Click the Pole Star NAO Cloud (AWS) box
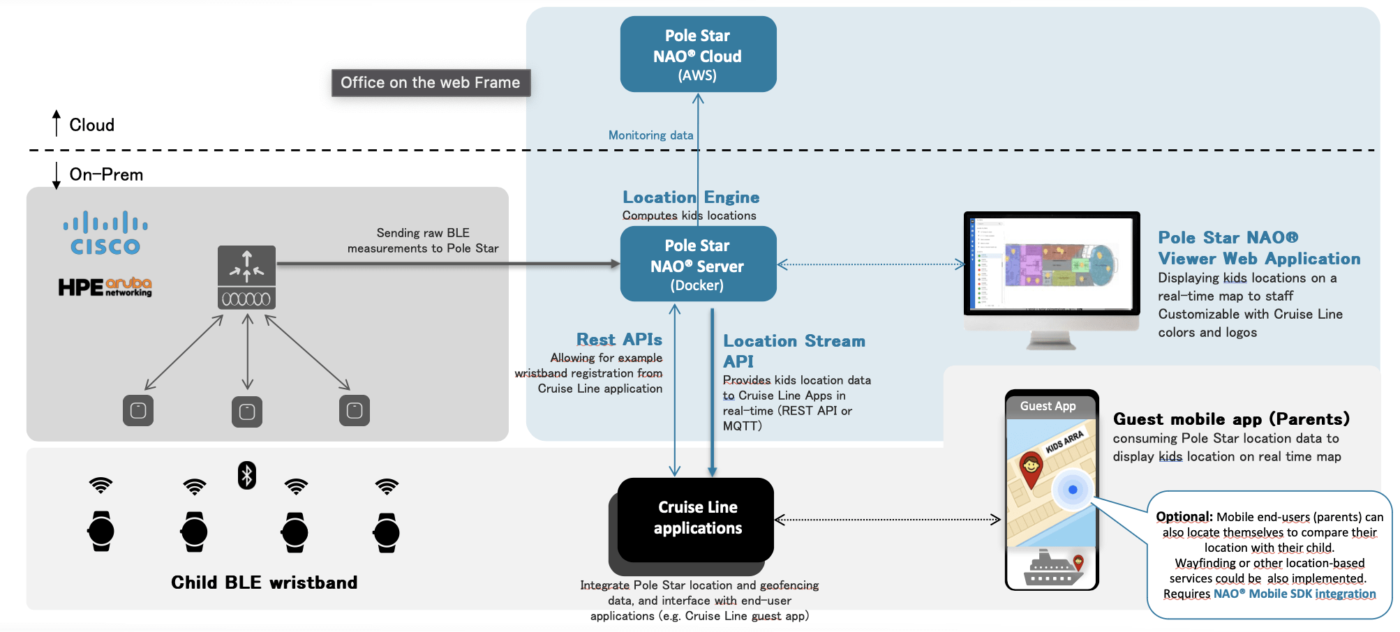point(698,54)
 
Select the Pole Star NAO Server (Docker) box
point(698,264)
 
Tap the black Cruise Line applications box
point(697,518)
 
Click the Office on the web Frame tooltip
point(431,83)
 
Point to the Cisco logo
point(105,233)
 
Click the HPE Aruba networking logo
point(105,287)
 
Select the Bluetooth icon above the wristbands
point(247,475)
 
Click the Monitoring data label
point(650,135)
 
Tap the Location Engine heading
point(690,197)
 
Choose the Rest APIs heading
point(619,340)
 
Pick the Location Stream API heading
point(794,350)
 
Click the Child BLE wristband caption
point(264,582)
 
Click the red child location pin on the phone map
point(1031,468)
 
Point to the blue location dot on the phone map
point(1073,490)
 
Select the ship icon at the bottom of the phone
point(1052,568)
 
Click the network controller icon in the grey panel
point(246,277)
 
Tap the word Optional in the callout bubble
point(1184,517)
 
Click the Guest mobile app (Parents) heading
point(1231,419)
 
